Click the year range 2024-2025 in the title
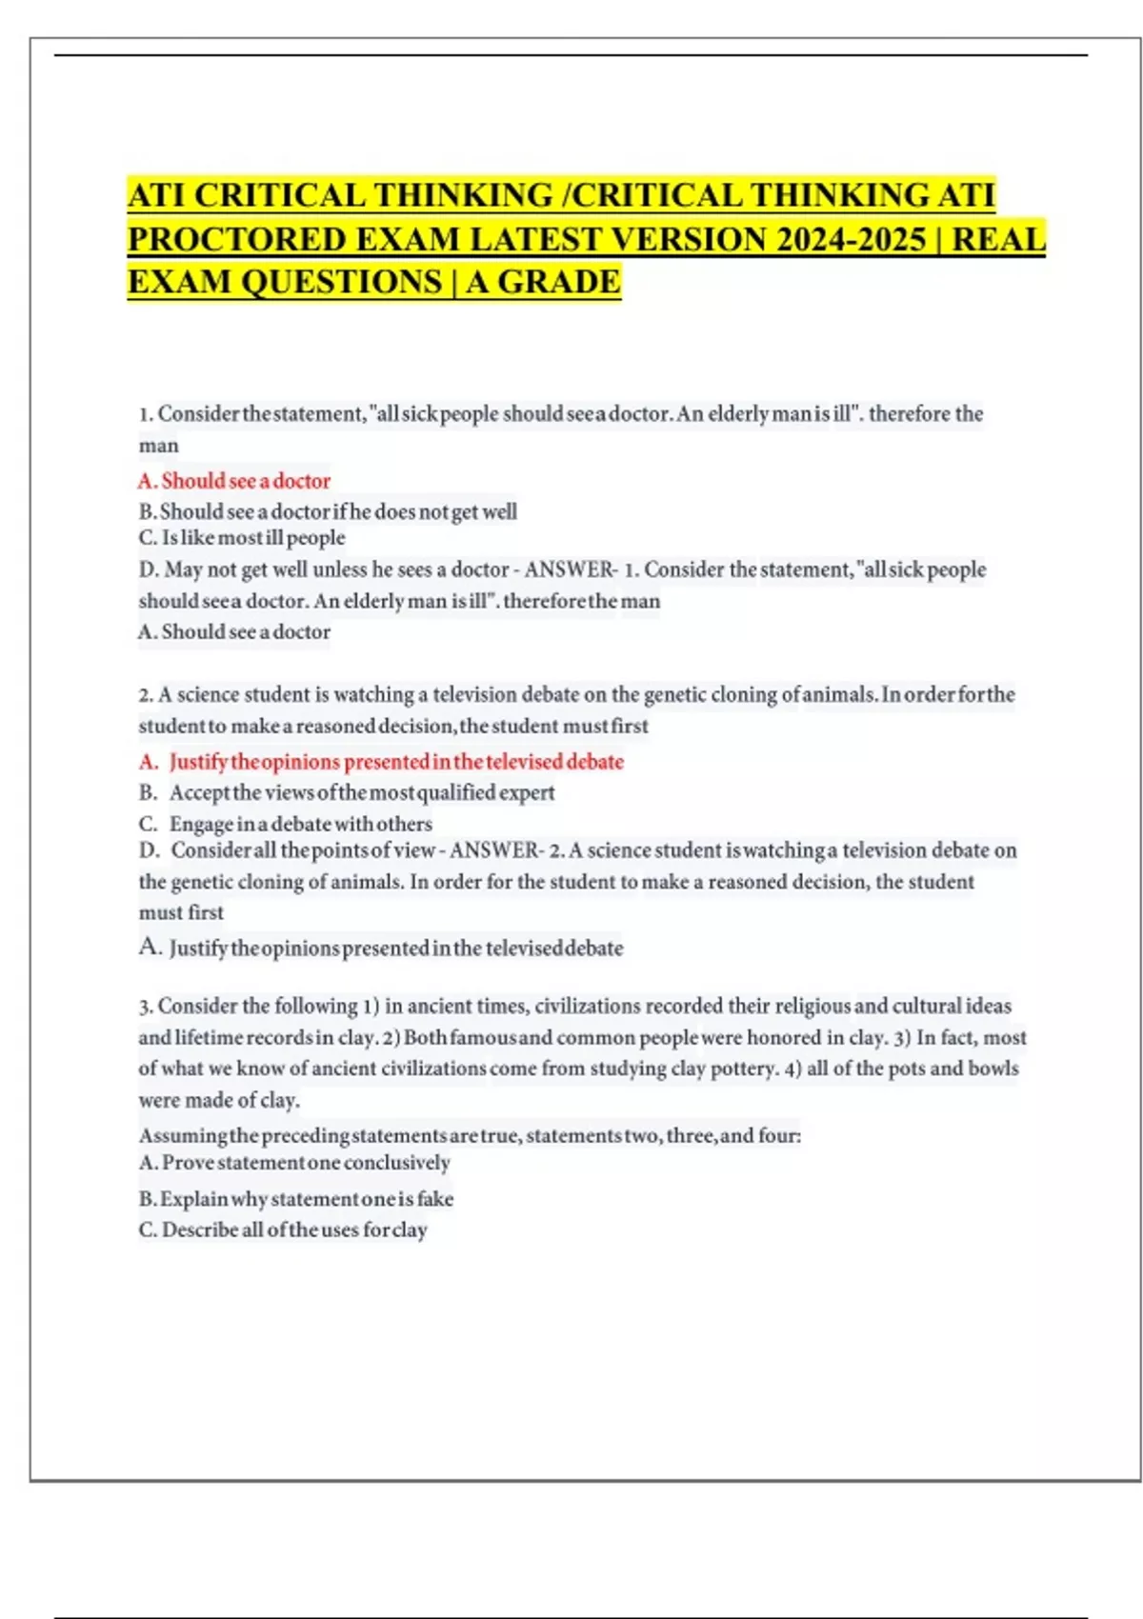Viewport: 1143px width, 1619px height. (x=851, y=238)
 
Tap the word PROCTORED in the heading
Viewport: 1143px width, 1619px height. (x=238, y=238)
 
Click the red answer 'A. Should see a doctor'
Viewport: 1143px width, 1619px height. (x=235, y=481)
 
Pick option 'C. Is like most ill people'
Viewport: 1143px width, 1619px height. (x=242, y=538)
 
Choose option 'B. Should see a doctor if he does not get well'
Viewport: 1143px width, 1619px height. (x=328, y=511)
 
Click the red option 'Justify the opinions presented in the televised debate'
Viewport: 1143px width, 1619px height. (x=396, y=762)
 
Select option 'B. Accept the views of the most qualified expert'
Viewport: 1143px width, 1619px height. (x=347, y=792)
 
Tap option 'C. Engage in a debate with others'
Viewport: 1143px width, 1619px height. (x=286, y=824)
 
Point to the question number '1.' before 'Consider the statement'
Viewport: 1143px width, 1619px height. (x=146, y=414)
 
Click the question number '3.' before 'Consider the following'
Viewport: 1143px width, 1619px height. (x=146, y=1007)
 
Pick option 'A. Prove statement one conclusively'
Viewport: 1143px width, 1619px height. (x=294, y=1163)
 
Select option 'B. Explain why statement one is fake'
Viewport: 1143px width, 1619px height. (x=296, y=1199)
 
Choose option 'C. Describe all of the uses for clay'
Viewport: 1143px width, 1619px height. (x=283, y=1229)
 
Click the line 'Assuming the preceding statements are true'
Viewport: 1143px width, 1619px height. (x=470, y=1135)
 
